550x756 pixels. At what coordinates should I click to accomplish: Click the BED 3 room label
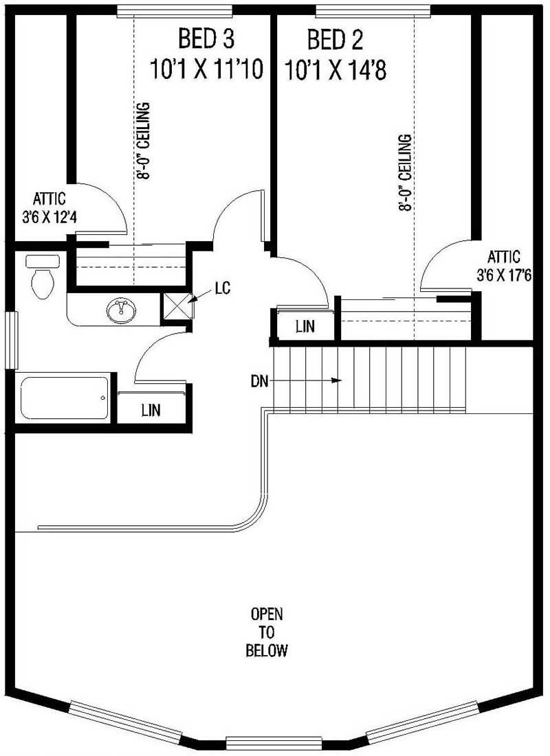(x=206, y=40)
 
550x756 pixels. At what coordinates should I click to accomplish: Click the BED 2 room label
(x=335, y=40)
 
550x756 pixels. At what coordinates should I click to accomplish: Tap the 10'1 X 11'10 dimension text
(x=206, y=69)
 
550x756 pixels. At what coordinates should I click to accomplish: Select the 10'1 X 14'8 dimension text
(x=335, y=69)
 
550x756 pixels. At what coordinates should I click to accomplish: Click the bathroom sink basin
(x=122, y=310)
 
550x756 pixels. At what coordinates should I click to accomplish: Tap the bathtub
(x=64, y=398)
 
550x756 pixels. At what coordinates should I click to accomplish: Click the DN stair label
(x=259, y=379)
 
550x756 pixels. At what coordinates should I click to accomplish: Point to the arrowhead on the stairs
(x=338, y=379)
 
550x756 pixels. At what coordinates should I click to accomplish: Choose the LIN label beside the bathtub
(x=151, y=411)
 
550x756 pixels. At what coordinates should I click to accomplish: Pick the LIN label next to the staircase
(x=305, y=327)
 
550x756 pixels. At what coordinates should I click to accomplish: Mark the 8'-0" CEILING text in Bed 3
(x=144, y=141)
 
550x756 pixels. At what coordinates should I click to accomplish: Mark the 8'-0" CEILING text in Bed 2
(x=406, y=173)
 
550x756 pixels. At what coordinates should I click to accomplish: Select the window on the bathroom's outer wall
(x=10, y=340)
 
